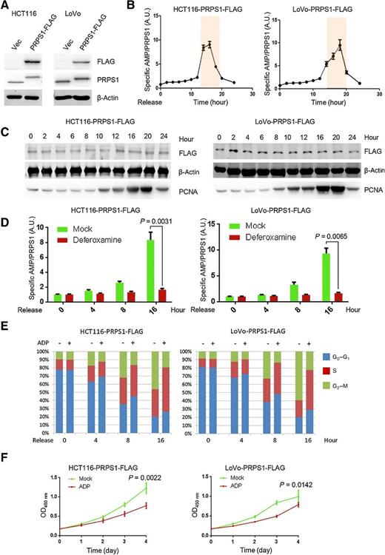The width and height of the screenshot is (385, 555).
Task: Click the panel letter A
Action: click(x=5, y=7)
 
